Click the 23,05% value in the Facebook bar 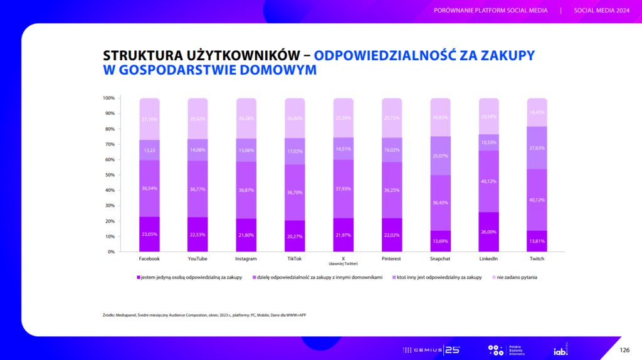pyautogui.click(x=149, y=234)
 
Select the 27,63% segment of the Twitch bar pyautogui.click(x=537, y=148)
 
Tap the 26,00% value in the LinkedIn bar pyautogui.click(x=488, y=232)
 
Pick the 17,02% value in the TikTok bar pyautogui.click(x=295, y=151)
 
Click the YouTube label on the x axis pyautogui.click(x=197, y=258)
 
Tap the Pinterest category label pyautogui.click(x=392, y=258)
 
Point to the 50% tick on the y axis pyautogui.click(x=108, y=175)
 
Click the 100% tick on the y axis pyautogui.click(x=108, y=98)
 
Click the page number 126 pyautogui.click(x=624, y=349)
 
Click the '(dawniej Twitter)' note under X pyautogui.click(x=343, y=263)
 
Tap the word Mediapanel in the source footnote pyautogui.click(x=128, y=314)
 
